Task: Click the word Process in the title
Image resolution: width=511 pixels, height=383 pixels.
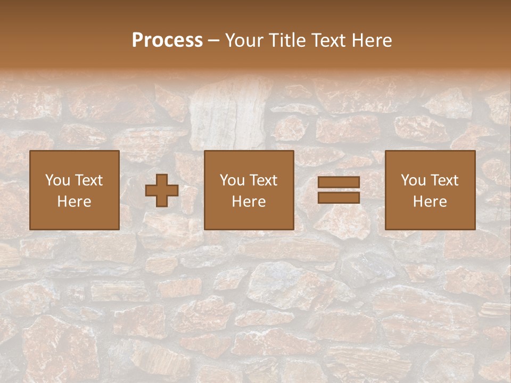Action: click(x=167, y=40)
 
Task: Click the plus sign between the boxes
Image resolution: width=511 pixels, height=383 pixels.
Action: click(x=162, y=190)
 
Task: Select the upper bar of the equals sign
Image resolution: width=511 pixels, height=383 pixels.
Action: click(x=339, y=182)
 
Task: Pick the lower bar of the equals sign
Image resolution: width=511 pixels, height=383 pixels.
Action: click(x=339, y=197)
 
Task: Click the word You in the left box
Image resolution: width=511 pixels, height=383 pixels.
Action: click(x=57, y=180)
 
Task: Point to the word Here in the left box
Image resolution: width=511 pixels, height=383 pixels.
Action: click(x=74, y=202)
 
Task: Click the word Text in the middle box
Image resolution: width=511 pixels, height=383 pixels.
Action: click(x=263, y=180)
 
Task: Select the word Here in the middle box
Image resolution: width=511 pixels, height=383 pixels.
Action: click(x=249, y=202)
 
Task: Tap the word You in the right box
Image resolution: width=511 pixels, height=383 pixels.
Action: click(x=413, y=180)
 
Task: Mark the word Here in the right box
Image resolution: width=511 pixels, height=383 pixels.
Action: click(x=430, y=202)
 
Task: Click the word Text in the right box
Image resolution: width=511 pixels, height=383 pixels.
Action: click(x=444, y=180)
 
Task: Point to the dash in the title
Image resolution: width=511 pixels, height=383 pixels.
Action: click(x=213, y=40)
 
